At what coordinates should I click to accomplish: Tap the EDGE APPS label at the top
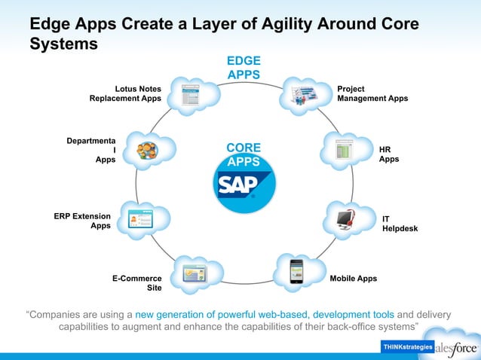(x=244, y=67)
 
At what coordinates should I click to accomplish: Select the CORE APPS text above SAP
(x=244, y=154)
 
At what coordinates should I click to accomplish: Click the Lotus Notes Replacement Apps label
(x=125, y=93)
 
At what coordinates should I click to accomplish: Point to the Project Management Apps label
(x=372, y=93)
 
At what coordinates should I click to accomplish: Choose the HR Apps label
(x=388, y=154)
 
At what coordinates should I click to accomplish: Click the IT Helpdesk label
(x=399, y=223)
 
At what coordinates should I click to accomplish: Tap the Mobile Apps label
(x=353, y=279)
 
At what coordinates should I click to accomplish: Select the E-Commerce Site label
(x=137, y=283)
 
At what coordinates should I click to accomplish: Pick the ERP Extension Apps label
(x=82, y=221)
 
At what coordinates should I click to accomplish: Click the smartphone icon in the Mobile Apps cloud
(x=296, y=271)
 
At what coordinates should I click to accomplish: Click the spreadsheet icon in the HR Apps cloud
(x=344, y=148)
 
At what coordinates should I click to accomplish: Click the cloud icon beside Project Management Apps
(x=303, y=96)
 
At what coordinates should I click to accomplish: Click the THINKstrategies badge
(x=407, y=346)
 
